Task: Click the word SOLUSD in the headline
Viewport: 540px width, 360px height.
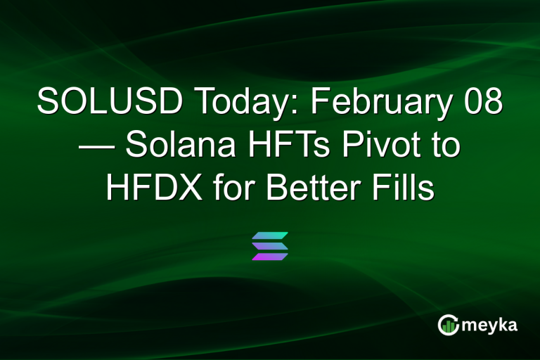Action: tap(105, 103)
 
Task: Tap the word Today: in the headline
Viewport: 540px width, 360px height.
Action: tap(238, 103)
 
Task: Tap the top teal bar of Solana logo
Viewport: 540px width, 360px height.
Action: tap(270, 235)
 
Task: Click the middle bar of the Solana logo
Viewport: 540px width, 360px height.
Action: tap(270, 245)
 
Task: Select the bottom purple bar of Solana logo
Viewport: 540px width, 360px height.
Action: tap(270, 257)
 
